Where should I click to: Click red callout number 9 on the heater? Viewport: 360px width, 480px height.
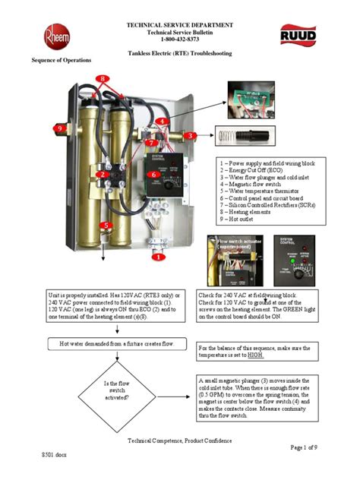pyautogui.click(x=58, y=128)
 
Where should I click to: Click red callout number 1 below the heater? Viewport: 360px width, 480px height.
pyautogui.click(x=159, y=257)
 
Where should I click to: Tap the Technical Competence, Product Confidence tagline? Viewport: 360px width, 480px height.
pyautogui.click(x=179, y=440)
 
